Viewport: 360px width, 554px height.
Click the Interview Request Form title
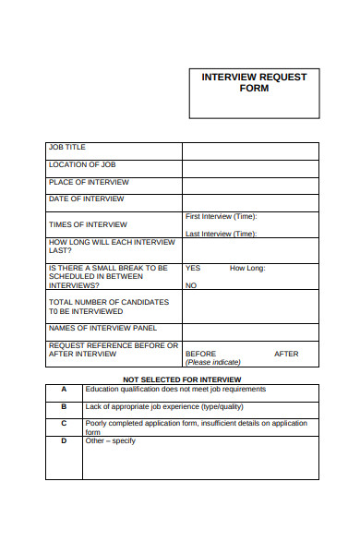tap(254, 82)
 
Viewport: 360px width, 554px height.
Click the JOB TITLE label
tap(66, 147)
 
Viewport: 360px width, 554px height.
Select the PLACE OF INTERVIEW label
tap(89, 182)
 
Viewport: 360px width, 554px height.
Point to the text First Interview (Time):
tap(222, 216)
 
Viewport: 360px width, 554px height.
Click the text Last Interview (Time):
tap(222, 234)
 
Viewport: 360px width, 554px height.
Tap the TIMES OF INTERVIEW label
tap(88, 224)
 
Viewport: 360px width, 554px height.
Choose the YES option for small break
tap(193, 268)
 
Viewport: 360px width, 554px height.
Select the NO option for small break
tap(191, 285)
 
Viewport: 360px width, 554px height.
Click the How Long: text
tap(247, 268)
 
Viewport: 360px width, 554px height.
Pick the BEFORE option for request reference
tap(200, 354)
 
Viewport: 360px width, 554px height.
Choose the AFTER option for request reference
tap(286, 354)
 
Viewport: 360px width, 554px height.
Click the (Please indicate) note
tap(213, 362)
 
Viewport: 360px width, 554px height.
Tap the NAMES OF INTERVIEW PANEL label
tap(102, 328)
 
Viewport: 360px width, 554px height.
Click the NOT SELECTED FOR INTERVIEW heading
tap(182, 379)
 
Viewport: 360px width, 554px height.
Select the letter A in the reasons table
tap(64, 389)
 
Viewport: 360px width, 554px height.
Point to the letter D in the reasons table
tap(64, 440)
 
